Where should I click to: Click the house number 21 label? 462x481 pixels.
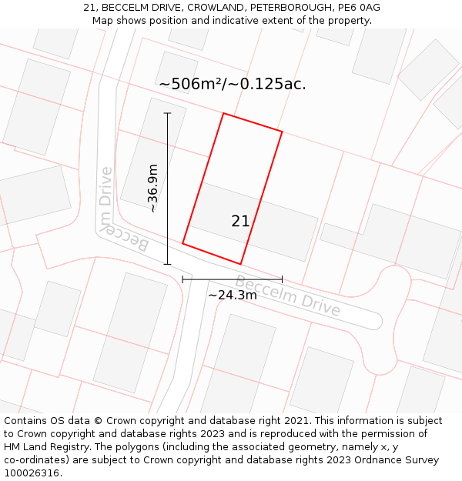tap(240, 222)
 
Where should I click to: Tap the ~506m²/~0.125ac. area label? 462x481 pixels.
tap(232, 84)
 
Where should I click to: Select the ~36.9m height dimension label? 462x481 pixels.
tap(152, 189)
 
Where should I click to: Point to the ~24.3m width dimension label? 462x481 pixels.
tap(233, 295)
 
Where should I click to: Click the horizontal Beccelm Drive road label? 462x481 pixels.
tap(287, 296)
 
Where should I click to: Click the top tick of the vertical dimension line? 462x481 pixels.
tap(167, 114)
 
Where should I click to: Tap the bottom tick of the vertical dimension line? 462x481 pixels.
tap(167, 264)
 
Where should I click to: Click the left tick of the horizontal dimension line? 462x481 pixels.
tap(182, 279)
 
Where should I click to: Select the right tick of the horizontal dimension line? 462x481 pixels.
tap(282, 279)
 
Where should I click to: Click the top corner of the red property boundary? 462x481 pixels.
tap(223, 114)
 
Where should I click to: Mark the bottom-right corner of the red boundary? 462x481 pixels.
tap(241, 264)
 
